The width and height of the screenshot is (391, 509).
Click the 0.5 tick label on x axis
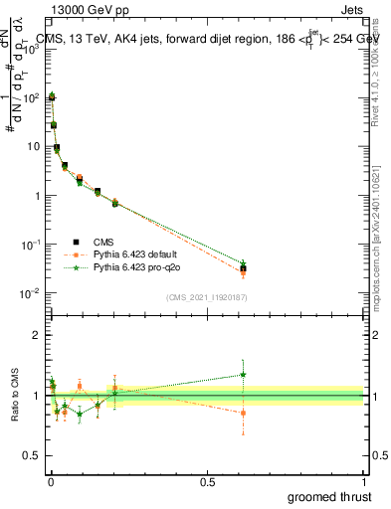pyautogui.click(x=206, y=481)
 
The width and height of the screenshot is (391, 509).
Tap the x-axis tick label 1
pyautogui.click(x=364, y=481)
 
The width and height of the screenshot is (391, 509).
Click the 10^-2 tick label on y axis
pyautogui.click(x=29, y=292)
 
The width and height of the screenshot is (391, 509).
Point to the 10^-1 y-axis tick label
pyautogui.click(x=29, y=244)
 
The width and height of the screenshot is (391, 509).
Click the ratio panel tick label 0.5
pyautogui.click(x=31, y=457)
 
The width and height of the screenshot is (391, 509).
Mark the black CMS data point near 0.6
pyautogui.click(x=243, y=268)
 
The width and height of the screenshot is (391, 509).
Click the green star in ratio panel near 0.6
pyautogui.click(x=243, y=375)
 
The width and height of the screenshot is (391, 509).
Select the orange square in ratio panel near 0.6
pyautogui.click(x=243, y=413)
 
